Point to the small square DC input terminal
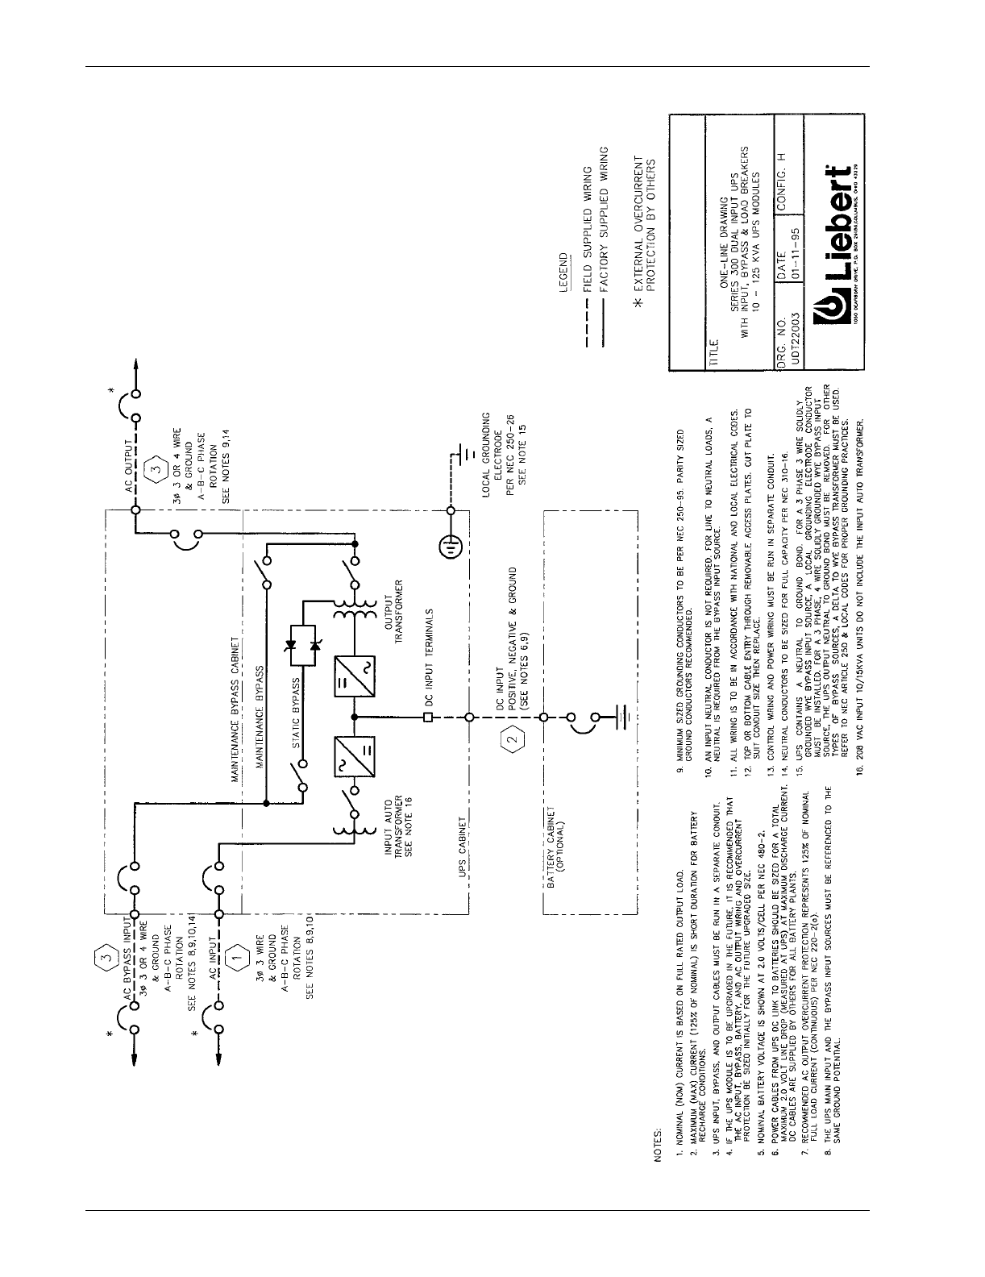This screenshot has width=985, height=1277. tap(427, 718)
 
